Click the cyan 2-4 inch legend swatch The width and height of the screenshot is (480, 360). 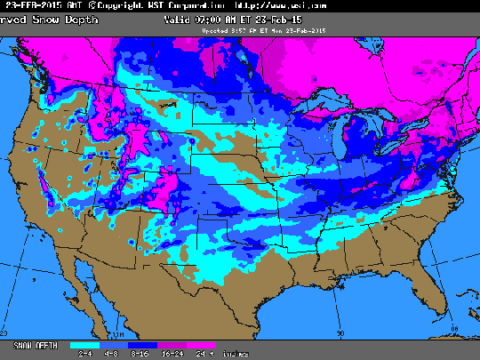[85, 343]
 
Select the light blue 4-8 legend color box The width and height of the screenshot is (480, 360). [113, 343]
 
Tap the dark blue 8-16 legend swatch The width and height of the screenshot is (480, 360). [142, 343]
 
